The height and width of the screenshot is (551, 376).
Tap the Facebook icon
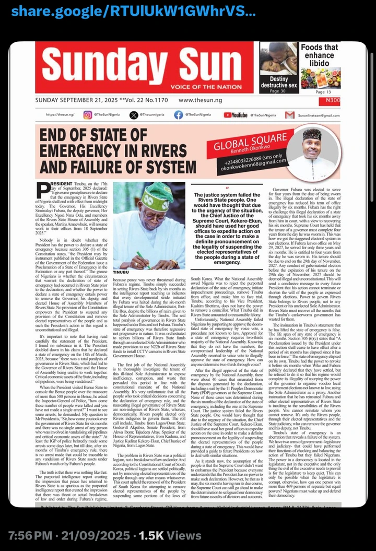(178, 115)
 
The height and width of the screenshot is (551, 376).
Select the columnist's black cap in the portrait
(312, 134)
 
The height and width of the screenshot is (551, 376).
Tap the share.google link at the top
(133, 11)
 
